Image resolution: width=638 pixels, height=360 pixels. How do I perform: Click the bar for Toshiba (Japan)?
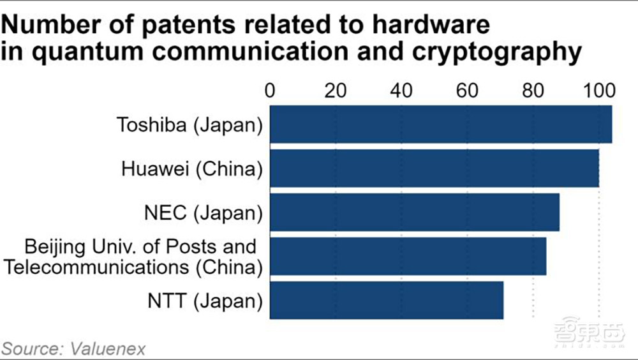coord(441,124)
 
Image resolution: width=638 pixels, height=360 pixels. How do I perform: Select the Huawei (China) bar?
coord(434,169)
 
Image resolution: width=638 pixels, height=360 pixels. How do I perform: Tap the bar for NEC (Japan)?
coord(415,212)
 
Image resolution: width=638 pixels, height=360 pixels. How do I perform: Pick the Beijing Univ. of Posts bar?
coord(408,256)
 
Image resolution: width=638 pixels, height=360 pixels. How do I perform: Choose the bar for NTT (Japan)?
coord(387,300)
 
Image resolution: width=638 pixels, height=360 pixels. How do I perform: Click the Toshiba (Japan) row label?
coord(189,124)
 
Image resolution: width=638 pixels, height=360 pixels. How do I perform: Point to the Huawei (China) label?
coord(192,169)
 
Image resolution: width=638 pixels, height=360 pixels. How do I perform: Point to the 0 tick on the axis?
coord(270,91)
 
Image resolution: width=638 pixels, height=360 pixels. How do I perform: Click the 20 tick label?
coord(336,91)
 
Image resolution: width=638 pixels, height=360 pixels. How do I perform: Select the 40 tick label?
coord(401,91)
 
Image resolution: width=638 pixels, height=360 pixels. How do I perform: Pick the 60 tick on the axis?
coord(467,91)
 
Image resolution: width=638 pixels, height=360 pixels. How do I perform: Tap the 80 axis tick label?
coord(533,91)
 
